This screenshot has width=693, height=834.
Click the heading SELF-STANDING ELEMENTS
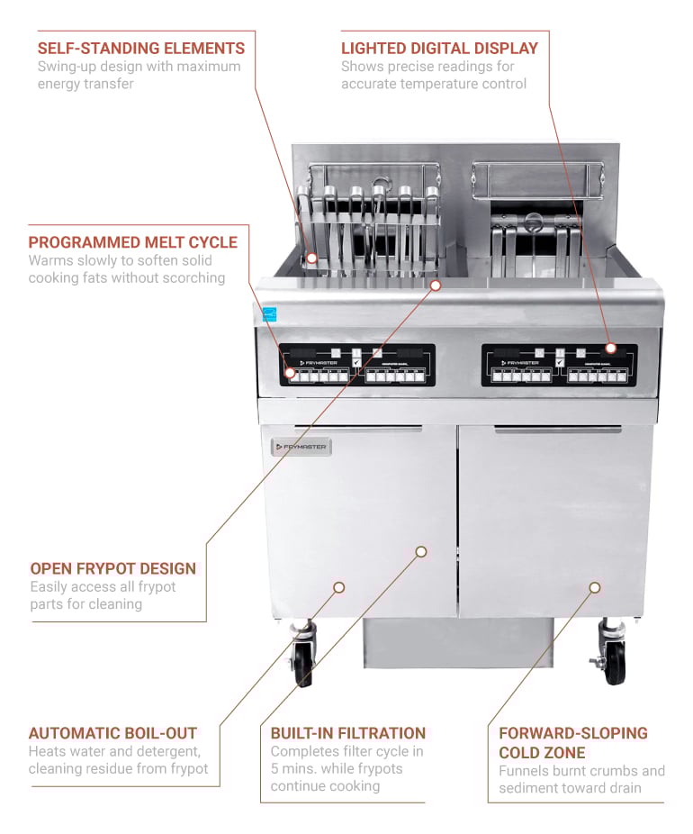tap(141, 48)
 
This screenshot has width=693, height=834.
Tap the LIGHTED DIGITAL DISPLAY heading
tap(439, 48)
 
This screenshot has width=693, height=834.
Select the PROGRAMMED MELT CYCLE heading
tap(133, 242)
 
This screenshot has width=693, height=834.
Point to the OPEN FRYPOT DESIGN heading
tap(112, 568)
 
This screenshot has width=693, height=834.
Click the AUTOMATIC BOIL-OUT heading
tap(112, 733)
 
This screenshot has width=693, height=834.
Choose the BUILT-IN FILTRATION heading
tap(347, 733)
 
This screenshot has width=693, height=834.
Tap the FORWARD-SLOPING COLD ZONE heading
tap(572, 742)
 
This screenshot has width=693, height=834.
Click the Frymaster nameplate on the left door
tap(301, 447)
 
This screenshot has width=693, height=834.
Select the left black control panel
tap(356, 365)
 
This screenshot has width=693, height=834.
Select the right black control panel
tap(559, 365)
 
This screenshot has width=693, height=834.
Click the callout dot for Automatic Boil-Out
tap(339, 587)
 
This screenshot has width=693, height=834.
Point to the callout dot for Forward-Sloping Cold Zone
tap(595, 587)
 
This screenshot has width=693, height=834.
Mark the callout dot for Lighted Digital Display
tap(610, 348)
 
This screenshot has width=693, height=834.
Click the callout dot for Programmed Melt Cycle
tap(291, 371)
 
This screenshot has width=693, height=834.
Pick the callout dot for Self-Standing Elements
tap(311, 258)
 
